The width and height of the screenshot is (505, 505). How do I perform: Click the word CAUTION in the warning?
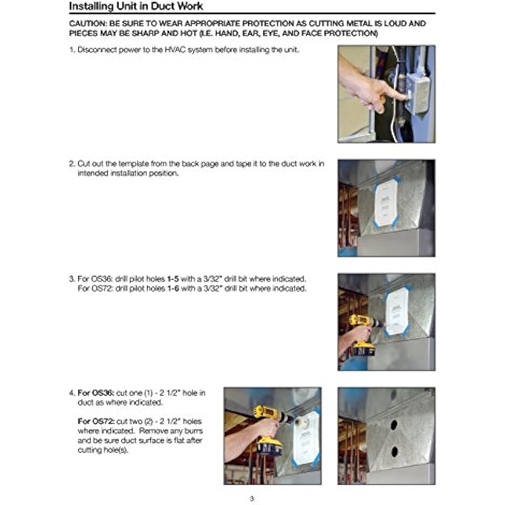tap(90, 23)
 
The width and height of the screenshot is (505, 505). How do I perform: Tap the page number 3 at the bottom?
tap(252, 499)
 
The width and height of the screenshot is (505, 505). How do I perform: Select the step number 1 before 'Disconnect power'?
tap(71, 49)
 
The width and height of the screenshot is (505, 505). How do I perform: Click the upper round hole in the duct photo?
tap(393, 425)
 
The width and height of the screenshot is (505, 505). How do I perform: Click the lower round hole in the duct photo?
tap(393, 452)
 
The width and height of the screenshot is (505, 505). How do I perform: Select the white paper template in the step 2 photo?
tap(386, 202)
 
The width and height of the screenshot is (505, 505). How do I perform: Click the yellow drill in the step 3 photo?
tap(362, 331)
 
